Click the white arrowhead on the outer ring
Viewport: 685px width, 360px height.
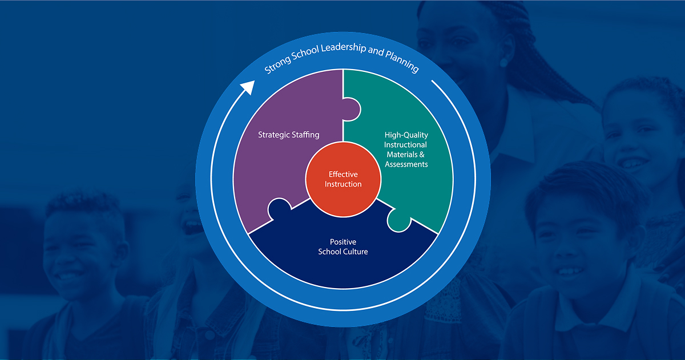pos(247,87)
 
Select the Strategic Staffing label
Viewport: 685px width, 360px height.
pos(288,135)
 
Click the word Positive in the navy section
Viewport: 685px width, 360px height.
pos(343,242)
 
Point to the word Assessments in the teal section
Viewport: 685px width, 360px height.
pos(406,164)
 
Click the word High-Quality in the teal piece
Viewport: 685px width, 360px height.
pos(406,135)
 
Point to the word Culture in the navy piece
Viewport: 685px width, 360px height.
pos(354,252)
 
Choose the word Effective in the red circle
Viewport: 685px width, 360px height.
pos(343,175)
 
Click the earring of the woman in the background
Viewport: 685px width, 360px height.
pos(504,60)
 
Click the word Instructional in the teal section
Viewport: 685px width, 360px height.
pos(406,145)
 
